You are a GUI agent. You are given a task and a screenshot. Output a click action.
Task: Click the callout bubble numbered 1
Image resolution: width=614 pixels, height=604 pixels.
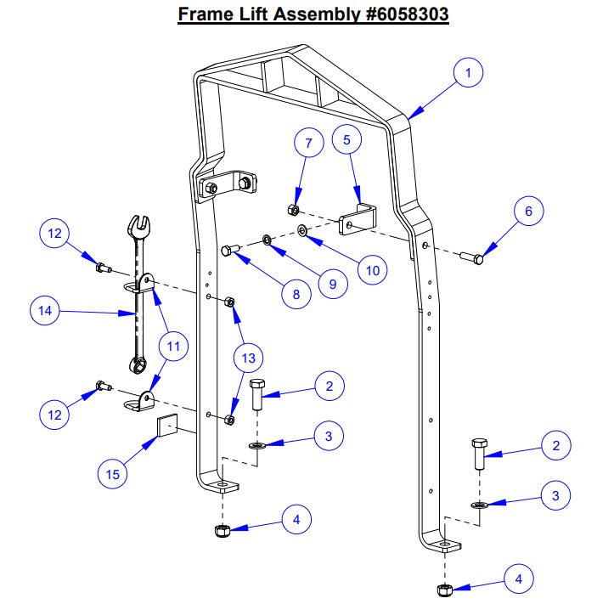coord(467,73)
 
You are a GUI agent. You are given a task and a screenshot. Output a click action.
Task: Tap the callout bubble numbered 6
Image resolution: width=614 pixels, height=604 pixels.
coord(527,211)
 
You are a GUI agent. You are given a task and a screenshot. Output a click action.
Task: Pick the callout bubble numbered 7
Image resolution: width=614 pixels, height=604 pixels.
coord(308,144)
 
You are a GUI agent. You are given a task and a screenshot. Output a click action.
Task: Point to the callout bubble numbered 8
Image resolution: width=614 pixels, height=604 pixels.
coord(296,294)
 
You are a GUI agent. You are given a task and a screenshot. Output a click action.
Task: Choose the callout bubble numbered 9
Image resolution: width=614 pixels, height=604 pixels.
coord(332,284)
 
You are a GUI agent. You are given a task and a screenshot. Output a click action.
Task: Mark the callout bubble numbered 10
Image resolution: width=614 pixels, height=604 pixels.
coord(372,269)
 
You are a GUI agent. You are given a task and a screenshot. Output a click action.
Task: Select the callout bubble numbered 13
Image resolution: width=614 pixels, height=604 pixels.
coord(248,358)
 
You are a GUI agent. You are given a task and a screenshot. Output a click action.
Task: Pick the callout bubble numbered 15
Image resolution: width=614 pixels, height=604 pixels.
coord(113,474)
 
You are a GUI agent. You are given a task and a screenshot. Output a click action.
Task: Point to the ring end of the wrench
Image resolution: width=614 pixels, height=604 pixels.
coord(136,364)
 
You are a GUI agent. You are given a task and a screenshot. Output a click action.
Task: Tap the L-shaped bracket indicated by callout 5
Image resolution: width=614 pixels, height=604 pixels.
coord(358,219)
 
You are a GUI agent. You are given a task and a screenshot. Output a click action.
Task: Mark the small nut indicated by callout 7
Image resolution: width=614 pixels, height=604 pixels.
coord(291,210)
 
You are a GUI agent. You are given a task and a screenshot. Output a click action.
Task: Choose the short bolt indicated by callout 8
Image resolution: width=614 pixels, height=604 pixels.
coord(229,250)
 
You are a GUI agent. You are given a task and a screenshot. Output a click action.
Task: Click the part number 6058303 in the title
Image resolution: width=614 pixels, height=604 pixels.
coord(397,14)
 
